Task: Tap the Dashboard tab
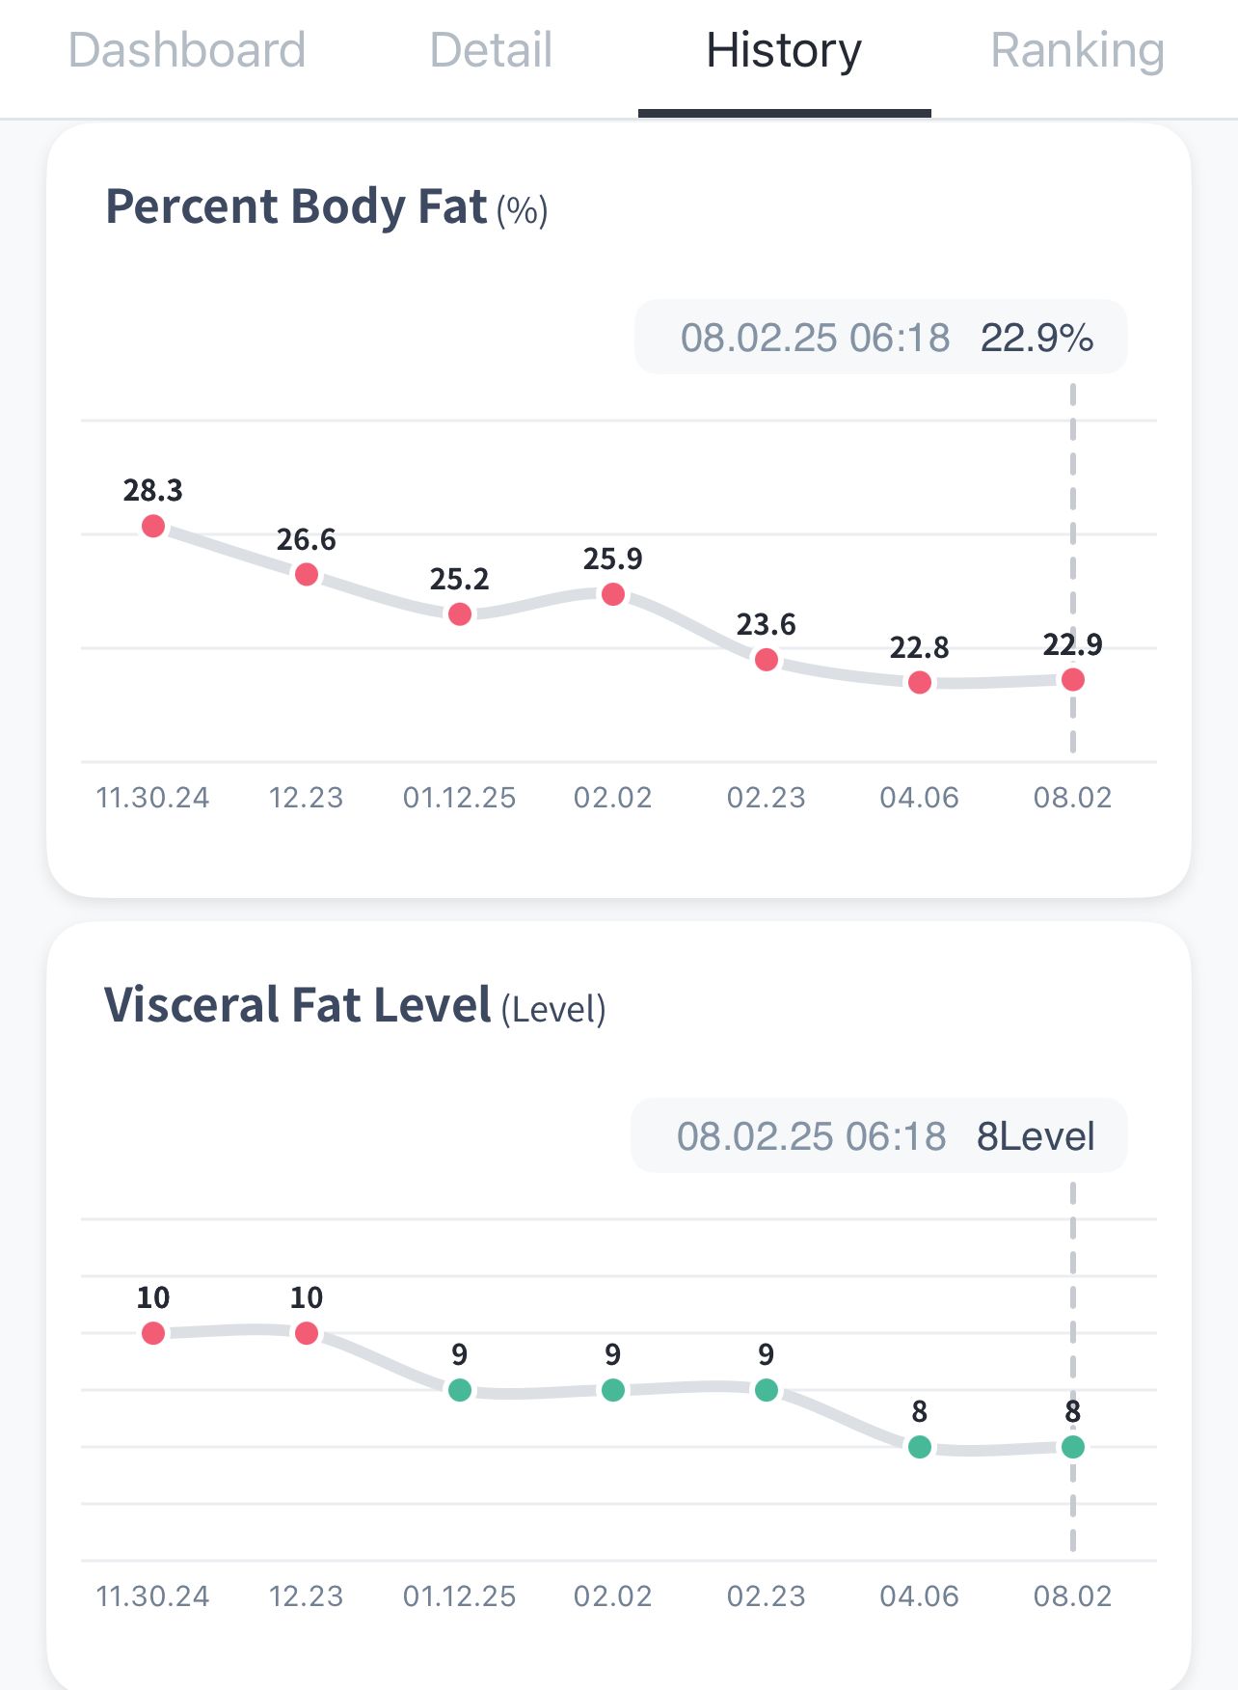(x=187, y=50)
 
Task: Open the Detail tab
(x=491, y=50)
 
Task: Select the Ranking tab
(x=1077, y=50)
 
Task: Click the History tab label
(x=784, y=50)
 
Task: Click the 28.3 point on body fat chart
(x=153, y=526)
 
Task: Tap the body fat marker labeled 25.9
(x=613, y=594)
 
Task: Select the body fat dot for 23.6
(x=767, y=660)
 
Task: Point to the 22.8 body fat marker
(x=920, y=683)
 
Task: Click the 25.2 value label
(x=460, y=579)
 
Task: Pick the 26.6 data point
(x=307, y=575)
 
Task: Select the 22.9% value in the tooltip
(x=1036, y=338)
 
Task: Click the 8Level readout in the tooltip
(x=1036, y=1136)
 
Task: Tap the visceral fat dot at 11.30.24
(x=153, y=1333)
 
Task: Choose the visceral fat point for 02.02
(x=613, y=1390)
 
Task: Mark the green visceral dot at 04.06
(x=920, y=1447)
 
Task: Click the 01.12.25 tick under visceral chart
(x=460, y=1596)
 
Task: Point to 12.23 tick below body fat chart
(x=307, y=798)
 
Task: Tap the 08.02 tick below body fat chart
(x=1072, y=798)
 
